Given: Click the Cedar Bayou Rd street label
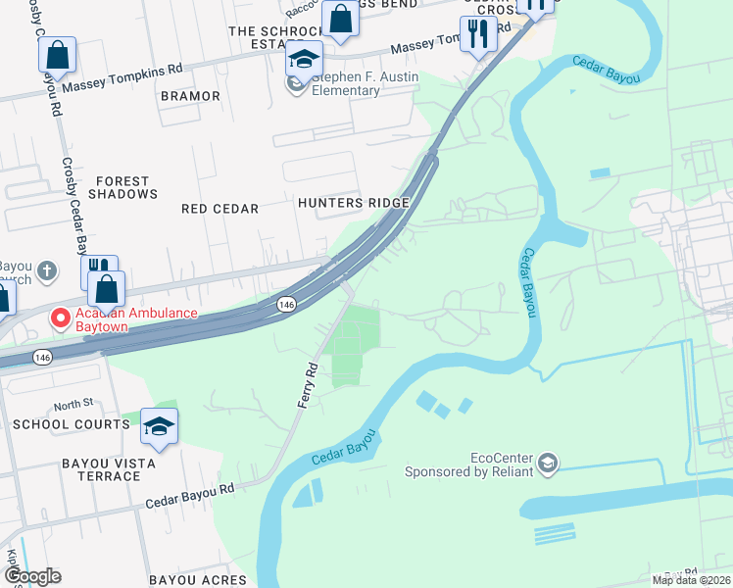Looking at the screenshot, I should (x=191, y=494).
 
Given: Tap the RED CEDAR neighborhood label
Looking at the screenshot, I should (x=220, y=209).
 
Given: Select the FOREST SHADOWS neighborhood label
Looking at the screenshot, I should (x=122, y=187).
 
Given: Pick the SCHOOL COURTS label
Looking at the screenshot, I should (x=71, y=424).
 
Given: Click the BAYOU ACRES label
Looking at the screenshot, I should (x=198, y=580).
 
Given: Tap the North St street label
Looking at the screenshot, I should (x=73, y=405).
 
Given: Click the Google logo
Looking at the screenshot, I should (x=31, y=576).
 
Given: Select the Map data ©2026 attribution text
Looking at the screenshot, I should (x=690, y=580).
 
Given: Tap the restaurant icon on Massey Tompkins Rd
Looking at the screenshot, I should (x=478, y=34).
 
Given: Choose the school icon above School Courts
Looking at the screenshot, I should (x=160, y=426).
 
